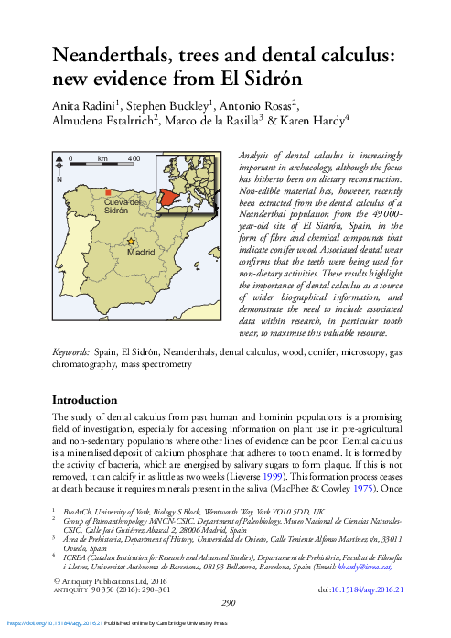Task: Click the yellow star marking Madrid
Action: coord(130,241)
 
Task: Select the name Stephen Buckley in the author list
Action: coord(172,103)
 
